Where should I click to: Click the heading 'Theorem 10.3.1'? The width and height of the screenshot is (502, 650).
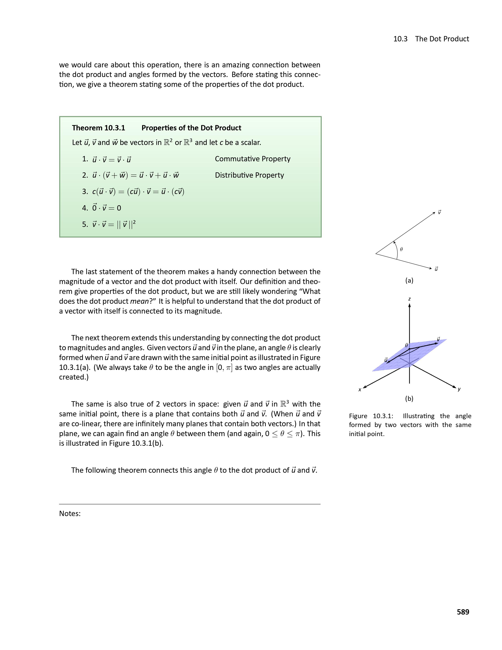click(98, 128)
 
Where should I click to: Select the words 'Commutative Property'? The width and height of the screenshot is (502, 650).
click(253, 159)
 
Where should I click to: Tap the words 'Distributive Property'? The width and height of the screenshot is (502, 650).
click(249, 175)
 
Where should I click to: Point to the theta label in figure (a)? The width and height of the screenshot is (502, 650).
click(401, 249)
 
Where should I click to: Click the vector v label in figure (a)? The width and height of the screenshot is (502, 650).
click(439, 212)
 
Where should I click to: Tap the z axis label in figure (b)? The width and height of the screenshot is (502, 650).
click(409, 299)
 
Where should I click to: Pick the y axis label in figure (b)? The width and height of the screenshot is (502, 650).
click(459, 389)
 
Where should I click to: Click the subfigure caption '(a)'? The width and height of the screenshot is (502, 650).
click(409, 280)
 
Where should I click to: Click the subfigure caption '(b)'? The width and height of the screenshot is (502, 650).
click(409, 398)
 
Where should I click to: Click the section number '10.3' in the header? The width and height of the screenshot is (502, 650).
click(400, 39)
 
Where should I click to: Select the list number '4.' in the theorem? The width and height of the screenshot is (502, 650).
click(85, 208)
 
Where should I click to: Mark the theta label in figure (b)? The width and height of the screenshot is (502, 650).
click(406, 345)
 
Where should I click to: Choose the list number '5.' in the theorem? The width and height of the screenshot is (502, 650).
click(85, 224)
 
